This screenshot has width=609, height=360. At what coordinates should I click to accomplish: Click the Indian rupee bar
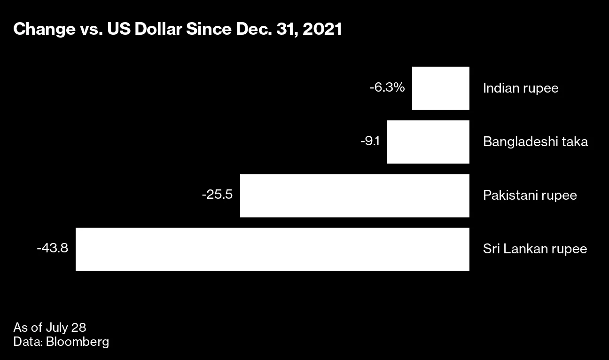click(440, 88)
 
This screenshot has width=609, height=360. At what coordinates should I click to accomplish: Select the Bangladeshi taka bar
click(428, 142)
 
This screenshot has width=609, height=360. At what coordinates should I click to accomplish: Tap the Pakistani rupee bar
click(354, 196)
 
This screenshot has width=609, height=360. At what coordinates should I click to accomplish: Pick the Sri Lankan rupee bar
click(272, 249)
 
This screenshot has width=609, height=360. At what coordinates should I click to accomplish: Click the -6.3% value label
click(387, 87)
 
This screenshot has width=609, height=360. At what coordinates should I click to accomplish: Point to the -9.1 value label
click(370, 141)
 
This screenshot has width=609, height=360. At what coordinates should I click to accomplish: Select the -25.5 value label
click(217, 195)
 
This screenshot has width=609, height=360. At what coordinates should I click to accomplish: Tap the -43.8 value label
click(53, 248)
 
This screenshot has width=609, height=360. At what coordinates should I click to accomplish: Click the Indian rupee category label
click(521, 88)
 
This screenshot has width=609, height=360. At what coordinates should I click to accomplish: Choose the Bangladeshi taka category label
click(535, 142)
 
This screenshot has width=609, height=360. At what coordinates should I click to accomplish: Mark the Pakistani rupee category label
click(530, 196)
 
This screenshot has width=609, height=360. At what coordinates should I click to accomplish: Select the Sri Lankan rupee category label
click(535, 249)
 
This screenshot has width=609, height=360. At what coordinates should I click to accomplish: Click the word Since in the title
click(204, 30)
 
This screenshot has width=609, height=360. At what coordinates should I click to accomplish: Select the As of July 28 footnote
click(49, 328)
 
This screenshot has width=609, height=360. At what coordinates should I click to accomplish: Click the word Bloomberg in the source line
click(78, 342)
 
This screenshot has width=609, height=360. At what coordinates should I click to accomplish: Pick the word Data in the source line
click(27, 342)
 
